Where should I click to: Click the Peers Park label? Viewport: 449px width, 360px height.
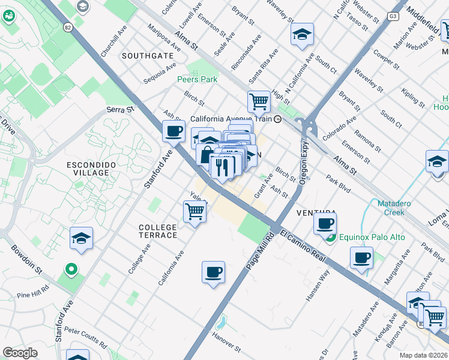pos(197,79)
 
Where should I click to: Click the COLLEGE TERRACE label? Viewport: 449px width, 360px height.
pos(158,231)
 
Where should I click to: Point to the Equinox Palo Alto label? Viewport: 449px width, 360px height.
pos(372,237)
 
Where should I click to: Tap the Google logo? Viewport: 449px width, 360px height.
pos(20,353)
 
